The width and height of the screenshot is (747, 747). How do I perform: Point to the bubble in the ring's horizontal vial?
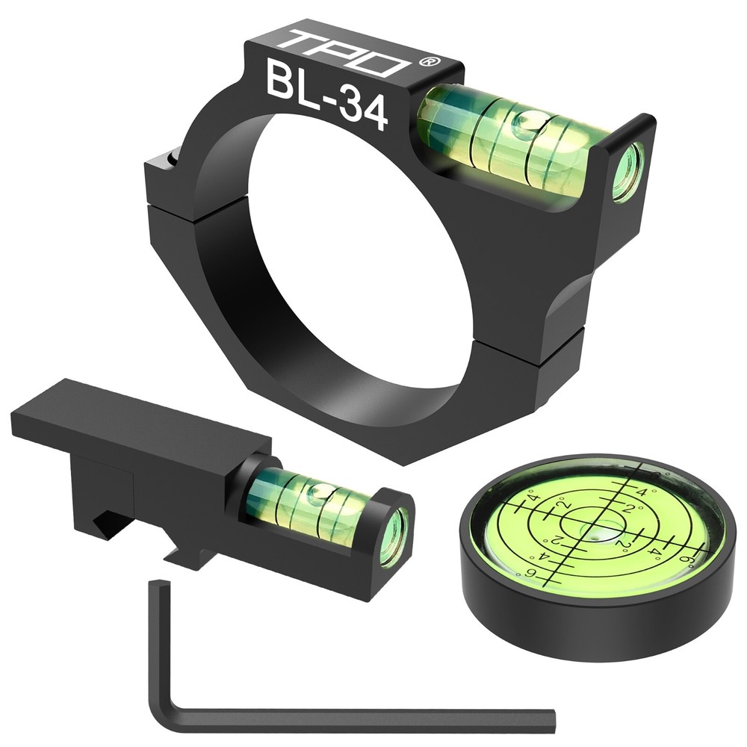pos(528,120)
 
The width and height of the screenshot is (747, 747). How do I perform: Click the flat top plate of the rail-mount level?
pos(134,418)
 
